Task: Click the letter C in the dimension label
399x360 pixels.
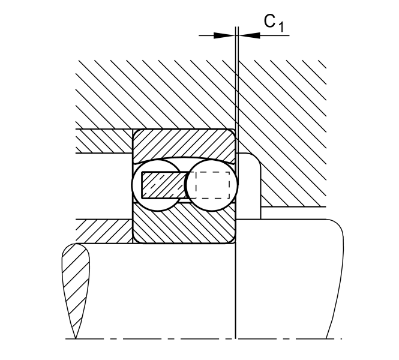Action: pos(270,21)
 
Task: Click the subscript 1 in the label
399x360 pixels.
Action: pos(280,27)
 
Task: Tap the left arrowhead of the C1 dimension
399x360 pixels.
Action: pos(224,35)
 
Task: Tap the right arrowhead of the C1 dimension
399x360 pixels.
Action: pos(250,35)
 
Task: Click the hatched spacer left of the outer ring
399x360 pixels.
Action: pos(104,141)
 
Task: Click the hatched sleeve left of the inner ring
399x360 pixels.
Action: pos(104,231)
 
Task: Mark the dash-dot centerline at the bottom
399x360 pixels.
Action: pos(203,339)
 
